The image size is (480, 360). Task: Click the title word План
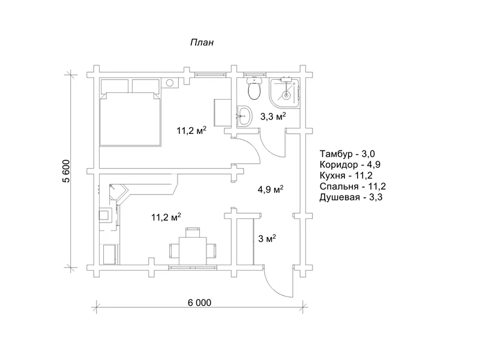(202, 42)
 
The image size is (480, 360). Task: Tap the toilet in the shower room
(254, 88)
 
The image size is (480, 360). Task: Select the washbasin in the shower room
(244, 116)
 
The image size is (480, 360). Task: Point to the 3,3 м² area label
(273, 116)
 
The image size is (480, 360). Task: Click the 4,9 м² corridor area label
(271, 189)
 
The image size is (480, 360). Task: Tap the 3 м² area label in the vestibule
(267, 238)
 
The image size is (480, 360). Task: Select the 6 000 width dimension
(199, 302)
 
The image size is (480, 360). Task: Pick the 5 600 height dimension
(67, 171)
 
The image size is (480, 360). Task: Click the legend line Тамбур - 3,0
(347, 154)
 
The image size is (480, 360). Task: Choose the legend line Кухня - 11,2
(346, 175)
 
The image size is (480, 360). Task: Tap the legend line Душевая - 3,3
(351, 197)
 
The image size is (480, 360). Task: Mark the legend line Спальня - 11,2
(353, 186)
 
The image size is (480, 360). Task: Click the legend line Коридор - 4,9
(350, 164)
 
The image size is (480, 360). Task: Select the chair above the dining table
(193, 232)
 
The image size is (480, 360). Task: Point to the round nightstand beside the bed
(170, 83)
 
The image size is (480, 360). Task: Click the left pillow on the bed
(115, 86)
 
